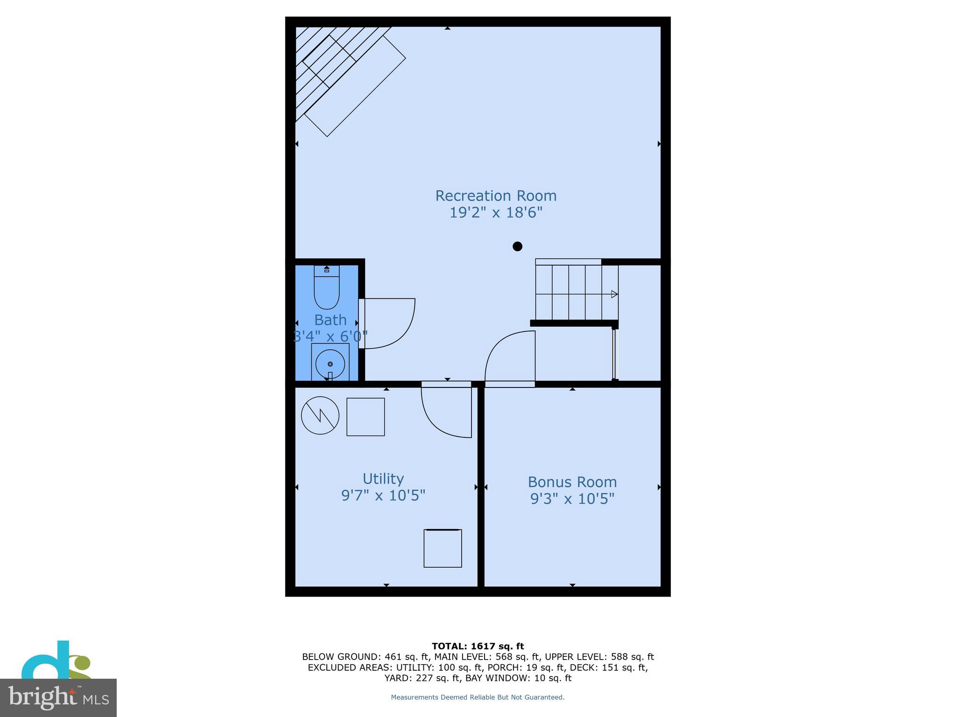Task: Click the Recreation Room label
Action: [x=496, y=196]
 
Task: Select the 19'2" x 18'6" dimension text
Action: [x=496, y=213]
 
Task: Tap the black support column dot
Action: [x=517, y=246]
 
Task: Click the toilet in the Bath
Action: [x=326, y=289]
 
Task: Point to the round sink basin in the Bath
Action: [x=330, y=364]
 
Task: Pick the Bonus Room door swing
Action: [x=509, y=357]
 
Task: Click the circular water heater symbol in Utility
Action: [x=320, y=415]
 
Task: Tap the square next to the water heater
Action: [x=366, y=417]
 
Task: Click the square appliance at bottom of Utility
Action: [x=443, y=548]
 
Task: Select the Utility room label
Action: [x=383, y=479]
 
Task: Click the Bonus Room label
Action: [x=572, y=482]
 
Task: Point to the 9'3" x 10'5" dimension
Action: [x=572, y=499]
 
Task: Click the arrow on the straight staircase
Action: [x=614, y=294]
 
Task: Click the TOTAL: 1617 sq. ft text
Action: [x=478, y=646]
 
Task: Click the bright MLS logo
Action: [x=58, y=697]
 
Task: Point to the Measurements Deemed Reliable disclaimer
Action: [x=478, y=697]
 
